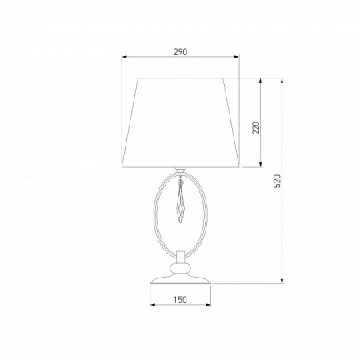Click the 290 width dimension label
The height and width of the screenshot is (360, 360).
(x=181, y=52)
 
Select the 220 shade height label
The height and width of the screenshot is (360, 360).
(x=256, y=128)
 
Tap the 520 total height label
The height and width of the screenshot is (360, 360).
(x=278, y=181)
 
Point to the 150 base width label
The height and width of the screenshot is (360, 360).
(x=181, y=300)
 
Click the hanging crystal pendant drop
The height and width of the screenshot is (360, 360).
(x=181, y=205)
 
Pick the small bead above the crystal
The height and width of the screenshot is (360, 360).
(x=181, y=182)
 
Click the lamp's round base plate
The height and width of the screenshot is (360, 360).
(x=181, y=279)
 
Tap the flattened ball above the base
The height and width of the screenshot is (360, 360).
(x=181, y=268)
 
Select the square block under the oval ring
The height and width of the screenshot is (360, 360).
(x=181, y=256)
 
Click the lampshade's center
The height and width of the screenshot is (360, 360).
(x=181, y=122)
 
